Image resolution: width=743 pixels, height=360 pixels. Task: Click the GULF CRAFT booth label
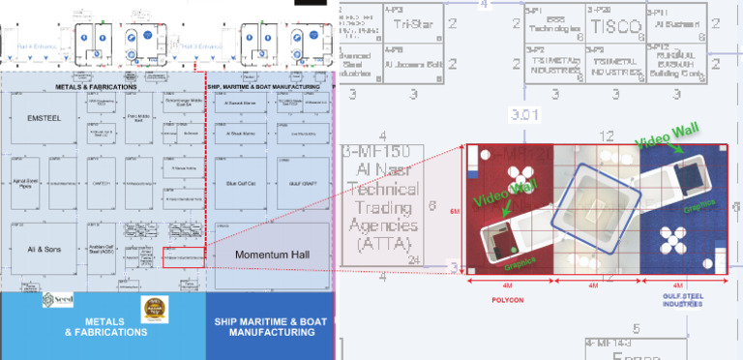point(299,183)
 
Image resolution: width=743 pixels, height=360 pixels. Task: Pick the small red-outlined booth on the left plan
point(184,257)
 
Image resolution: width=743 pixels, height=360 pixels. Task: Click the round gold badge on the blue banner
point(152,309)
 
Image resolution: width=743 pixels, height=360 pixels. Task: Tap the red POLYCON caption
point(508,301)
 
